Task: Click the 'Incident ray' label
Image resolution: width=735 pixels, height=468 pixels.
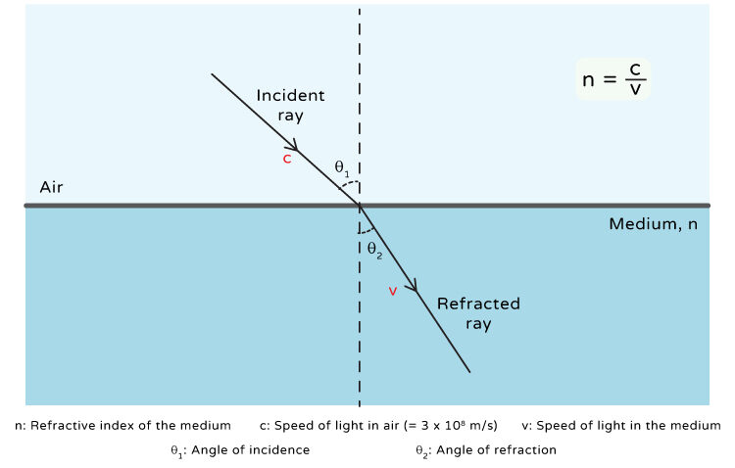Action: click(290, 105)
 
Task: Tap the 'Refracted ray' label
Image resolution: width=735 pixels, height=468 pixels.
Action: click(478, 313)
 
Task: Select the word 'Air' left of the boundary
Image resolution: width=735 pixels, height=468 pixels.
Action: click(51, 187)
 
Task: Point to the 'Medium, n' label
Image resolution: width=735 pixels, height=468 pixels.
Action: click(653, 224)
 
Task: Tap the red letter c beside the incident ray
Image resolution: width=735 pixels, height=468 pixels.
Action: click(286, 159)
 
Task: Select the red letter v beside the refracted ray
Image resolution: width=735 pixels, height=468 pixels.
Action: click(393, 291)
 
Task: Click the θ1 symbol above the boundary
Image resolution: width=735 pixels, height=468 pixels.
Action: click(342, 168)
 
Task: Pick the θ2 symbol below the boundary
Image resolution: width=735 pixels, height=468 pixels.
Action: click(374, 248)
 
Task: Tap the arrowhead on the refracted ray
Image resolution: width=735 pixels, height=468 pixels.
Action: click(415, 288)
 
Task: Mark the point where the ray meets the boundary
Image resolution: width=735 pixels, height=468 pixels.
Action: click(360, 206)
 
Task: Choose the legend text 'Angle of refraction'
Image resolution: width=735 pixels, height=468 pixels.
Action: click(501, 450)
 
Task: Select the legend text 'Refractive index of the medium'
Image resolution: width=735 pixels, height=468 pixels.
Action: click(131, 426)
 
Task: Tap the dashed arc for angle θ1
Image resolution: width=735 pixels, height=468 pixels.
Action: click(353, 184)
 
